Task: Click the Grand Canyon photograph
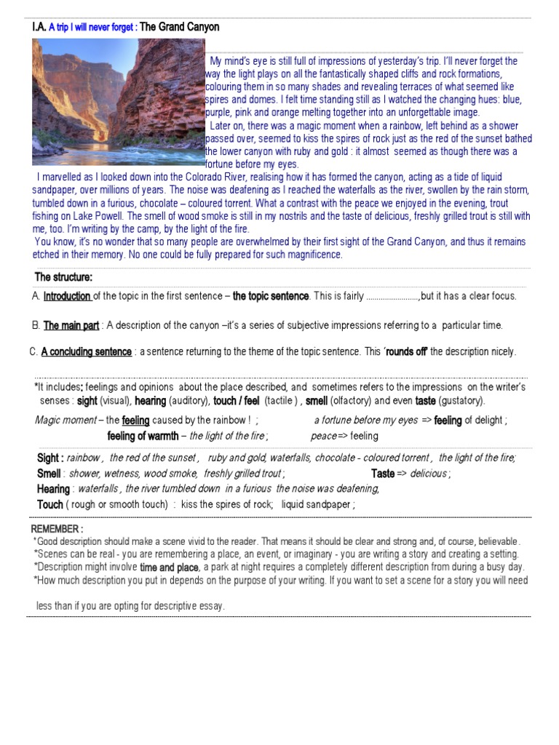[119, 102]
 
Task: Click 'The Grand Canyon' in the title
[179, 28]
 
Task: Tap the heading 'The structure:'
[64, 277]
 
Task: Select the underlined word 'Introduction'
[67, 296]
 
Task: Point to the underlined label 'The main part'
[71, 325]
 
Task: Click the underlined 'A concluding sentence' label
[87, 352]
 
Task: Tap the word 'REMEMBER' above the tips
[57, 528]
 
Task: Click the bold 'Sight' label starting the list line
[49, 458]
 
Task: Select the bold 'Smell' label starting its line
[48, 474]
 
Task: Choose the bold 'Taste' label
[383, 474]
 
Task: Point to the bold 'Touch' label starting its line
[49, 504]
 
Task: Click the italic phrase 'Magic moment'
[66, 421]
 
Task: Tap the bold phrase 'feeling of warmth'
[143, 437]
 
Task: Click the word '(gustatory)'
[461, 401]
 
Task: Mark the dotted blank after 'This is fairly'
[392, 297]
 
